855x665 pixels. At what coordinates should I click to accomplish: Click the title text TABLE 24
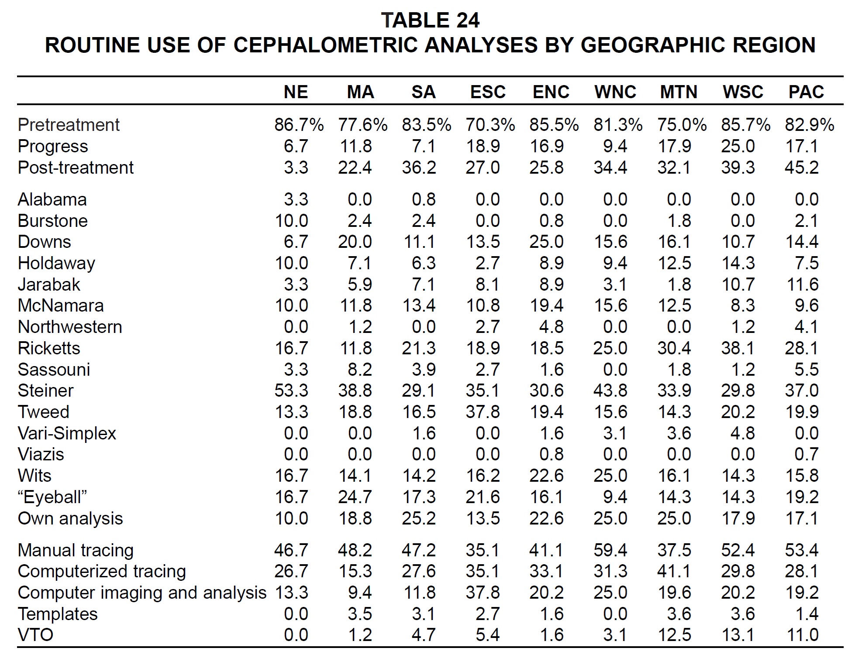[430, 20]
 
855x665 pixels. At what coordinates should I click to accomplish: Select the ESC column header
[488, 92]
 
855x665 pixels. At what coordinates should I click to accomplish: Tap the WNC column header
[615, 92]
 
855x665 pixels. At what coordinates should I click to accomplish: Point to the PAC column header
[806, 92]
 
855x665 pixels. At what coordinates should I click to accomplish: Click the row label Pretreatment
[69, 125]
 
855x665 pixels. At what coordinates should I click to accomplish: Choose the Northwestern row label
[70, 327]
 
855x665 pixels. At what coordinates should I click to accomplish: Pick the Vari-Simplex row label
[67, 433]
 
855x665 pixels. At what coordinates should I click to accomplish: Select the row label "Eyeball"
[52, 497]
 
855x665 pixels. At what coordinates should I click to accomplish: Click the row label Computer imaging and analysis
[142, 593]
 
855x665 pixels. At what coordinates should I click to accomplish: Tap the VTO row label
[35, 635]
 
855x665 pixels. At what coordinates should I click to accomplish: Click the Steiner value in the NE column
[291, 391]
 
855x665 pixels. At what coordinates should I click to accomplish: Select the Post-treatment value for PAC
[801, 168]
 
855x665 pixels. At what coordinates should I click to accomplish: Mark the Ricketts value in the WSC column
[738, 348]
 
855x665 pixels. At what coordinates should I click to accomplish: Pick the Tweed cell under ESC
[483, 412]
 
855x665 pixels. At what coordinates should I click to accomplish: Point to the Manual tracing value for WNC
[610, 550]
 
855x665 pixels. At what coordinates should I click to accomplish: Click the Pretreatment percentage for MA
[362, 125]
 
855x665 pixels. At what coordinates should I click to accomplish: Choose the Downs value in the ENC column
[546, 242]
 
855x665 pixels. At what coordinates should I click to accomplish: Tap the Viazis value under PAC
[806, 454]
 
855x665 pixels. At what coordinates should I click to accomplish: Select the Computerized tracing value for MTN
[674, 571]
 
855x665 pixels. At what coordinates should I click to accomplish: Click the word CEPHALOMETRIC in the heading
[326, 45]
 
